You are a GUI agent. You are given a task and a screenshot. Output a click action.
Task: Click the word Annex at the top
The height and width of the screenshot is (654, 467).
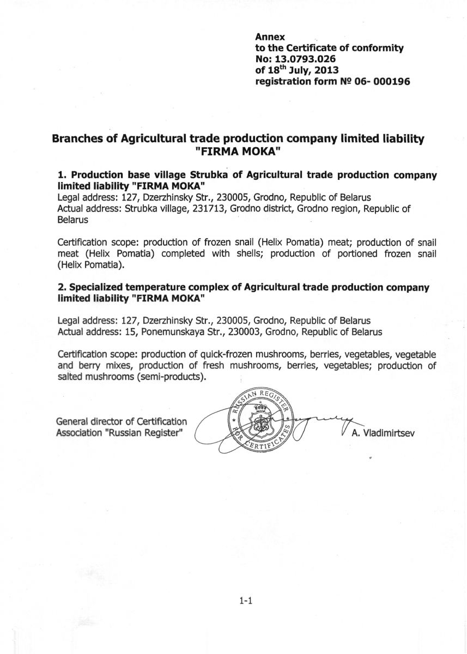click(x=266, y=38)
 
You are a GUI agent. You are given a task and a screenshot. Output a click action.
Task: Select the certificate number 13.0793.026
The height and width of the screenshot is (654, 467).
click(x=307, y=59)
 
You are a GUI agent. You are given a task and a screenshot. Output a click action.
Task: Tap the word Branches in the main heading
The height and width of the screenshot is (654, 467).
click(x=77, y=139)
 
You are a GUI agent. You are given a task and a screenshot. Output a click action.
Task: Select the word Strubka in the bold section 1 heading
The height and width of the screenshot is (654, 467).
click(x=209, y=175)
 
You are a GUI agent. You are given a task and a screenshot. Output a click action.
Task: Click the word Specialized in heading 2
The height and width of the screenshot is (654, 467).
click(x=94, y=287)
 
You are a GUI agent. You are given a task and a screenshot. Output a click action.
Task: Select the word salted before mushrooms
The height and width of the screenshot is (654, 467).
click(x=70, y=377)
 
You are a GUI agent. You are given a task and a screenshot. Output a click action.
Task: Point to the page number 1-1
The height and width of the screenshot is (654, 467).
click(x=244, y=601)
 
